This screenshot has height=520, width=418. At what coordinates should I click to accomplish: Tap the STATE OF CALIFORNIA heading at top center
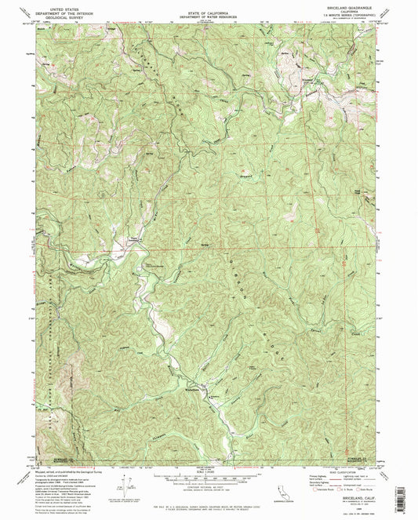coord(209,4)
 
